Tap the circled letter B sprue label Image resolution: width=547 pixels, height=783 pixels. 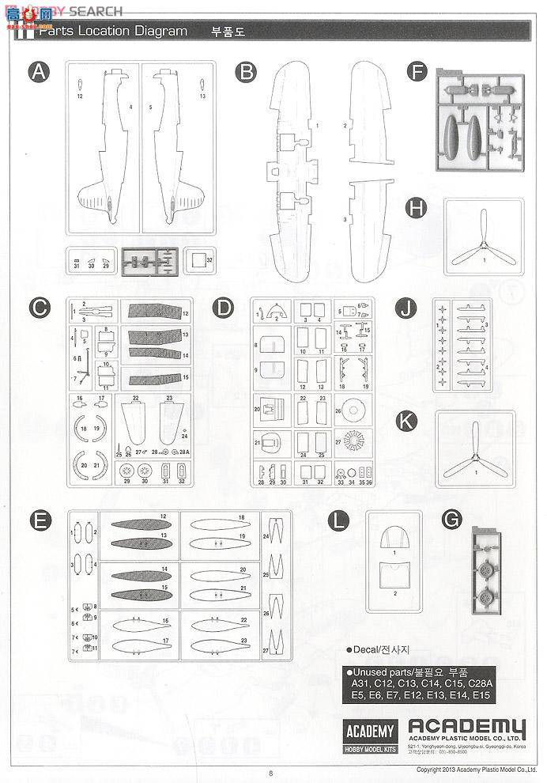coord(248,73)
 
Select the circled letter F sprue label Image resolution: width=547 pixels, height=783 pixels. coord(416,73)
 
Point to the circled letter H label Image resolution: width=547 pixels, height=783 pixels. coord(416,207)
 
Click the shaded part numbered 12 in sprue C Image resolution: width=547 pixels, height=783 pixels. coord(155,314)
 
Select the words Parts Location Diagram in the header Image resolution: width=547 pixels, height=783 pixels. coord(113,31)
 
